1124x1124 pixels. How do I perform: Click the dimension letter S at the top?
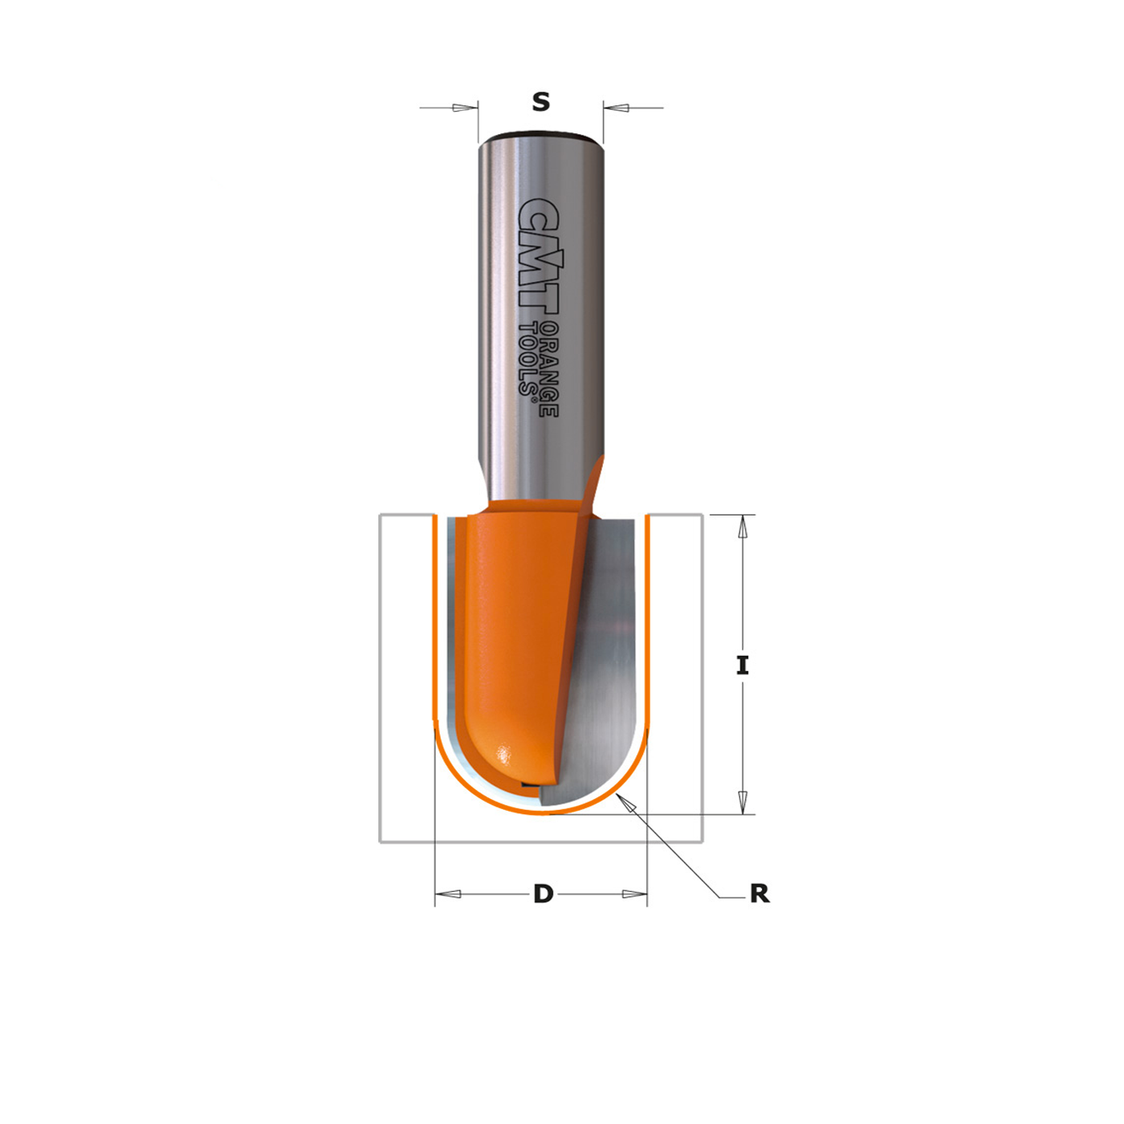tap(541, 102)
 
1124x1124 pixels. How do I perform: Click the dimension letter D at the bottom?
tap(544, 894)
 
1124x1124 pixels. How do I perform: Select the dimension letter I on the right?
tap(743, 665)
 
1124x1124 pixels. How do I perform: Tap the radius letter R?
tap(760, 894)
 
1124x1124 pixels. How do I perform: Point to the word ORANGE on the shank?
tap(549, 369)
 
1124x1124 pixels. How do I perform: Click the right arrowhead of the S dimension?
tap(616, 108)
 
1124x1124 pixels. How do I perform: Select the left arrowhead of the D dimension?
tap(448, 894)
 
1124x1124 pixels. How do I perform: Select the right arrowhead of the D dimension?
tap(634, 894)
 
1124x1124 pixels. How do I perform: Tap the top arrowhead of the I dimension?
tap(743, 527)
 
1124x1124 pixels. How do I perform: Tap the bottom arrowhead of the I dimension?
tap(743, 802)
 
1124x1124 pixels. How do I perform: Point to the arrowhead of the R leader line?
tap(625, 802)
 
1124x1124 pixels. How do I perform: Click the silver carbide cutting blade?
tap(606, 666)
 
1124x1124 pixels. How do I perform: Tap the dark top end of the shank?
tap(540, 135)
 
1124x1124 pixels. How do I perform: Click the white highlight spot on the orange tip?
tap(503, 755)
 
